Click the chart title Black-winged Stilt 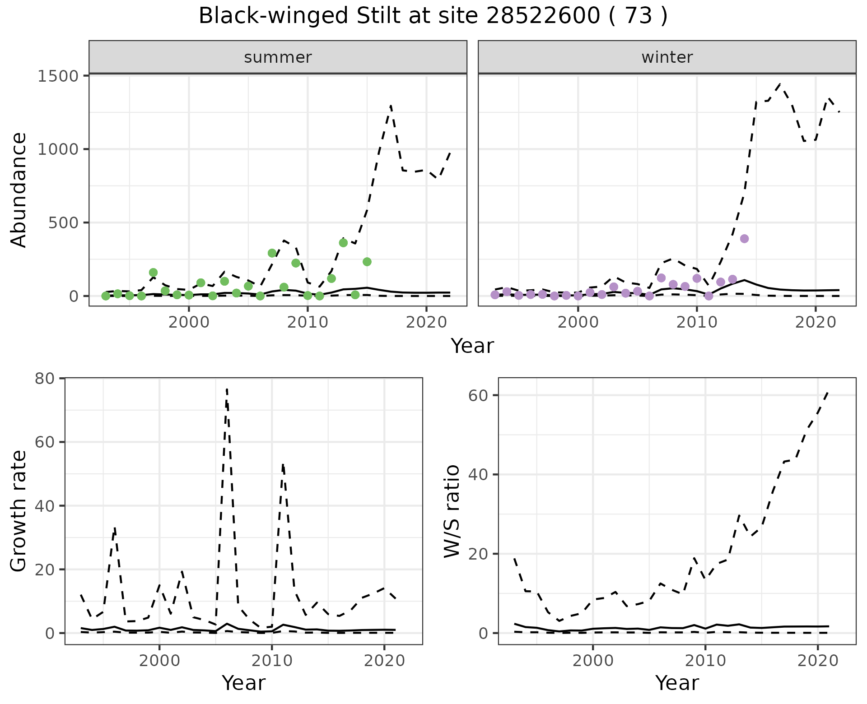click(433, 16)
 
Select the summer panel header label click(278, 57)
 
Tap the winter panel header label click(667, 57)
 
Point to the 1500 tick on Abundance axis click(58, 76)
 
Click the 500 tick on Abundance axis click(63, 223)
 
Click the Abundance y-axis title click(19, 190)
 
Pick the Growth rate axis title click(19, 511)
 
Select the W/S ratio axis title click(452, 511)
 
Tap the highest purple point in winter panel click(745, 239)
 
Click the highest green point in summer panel click(343, 243)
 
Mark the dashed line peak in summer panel click(391, 106)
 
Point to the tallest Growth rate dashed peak click(227, 389)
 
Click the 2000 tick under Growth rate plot click(159, 661)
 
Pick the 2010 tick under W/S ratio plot click(705, 661)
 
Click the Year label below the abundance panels click(472, 346)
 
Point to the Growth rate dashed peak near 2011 click(283, 465)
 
